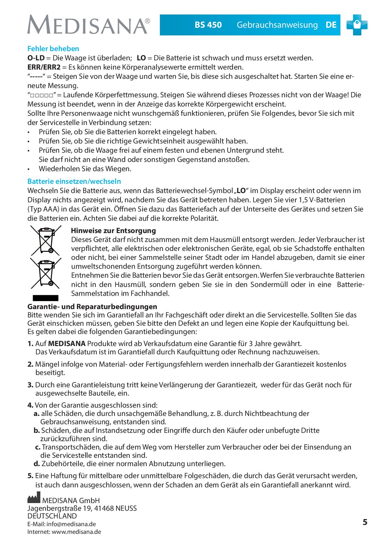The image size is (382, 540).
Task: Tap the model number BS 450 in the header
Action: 208,25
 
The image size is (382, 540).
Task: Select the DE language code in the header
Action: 331,25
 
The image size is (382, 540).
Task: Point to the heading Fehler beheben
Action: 53,49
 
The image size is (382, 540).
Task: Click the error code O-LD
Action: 36,58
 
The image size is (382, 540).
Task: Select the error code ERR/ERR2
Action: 44,67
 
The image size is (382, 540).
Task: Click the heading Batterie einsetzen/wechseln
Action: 74,181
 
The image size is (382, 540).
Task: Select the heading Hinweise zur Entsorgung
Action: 113,231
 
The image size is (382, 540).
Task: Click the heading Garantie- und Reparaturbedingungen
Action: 92,307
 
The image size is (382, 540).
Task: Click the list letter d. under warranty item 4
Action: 37,464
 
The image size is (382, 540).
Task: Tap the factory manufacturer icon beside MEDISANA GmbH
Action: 34,499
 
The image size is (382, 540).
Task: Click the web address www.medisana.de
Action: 76,532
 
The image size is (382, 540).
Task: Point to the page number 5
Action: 365,522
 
